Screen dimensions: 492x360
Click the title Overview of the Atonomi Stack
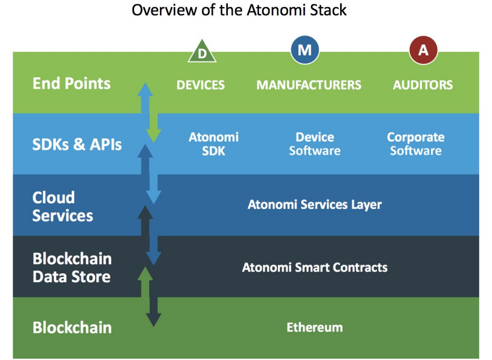(x=239, y=10)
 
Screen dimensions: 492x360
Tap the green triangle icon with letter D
(x=202, y=52)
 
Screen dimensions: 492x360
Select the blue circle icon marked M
(x=305, y=50)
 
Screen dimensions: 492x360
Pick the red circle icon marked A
(x=423, y=50)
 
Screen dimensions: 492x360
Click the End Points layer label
(x=71, y=83)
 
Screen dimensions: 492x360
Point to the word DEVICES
(x=201, y=85)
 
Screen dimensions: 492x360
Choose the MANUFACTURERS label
(x=309, y=85)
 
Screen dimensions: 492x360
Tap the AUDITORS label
(x=422, y=85)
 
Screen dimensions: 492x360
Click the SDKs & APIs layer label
(x=77, y=144)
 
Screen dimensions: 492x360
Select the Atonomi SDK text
(x=213, y=144)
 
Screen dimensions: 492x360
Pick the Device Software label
(x=315, y=144)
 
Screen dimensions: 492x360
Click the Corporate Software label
(x=416, y=144)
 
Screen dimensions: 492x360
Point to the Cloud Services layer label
(x=63, y=207)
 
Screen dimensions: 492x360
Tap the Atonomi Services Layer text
(x=315, y=205)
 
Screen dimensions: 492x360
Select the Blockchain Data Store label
(x=72, y=268)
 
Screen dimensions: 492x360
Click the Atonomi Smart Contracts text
(x=315, y=268)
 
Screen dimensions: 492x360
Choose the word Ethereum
(x=315, y=327)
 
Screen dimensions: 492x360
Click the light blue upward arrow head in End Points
(x=145, y=89)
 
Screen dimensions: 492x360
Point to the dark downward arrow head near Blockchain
(x=153, y=320)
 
